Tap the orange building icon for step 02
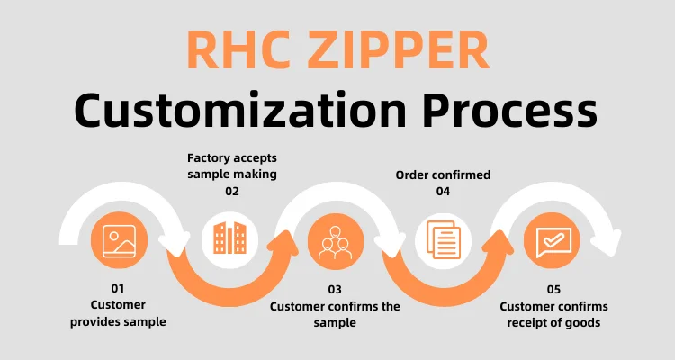tap(229, 238)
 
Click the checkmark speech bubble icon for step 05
tap(551, 240)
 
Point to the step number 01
tap(118, 289)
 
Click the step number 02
tap(232, 191)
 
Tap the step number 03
tap(335, 289)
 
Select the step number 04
tap(443, 191)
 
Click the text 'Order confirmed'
tap(443, 175)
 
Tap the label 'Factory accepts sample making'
tap(232, 166)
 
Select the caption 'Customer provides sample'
tap(118, 313)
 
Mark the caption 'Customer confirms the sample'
tap(335, 313)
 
